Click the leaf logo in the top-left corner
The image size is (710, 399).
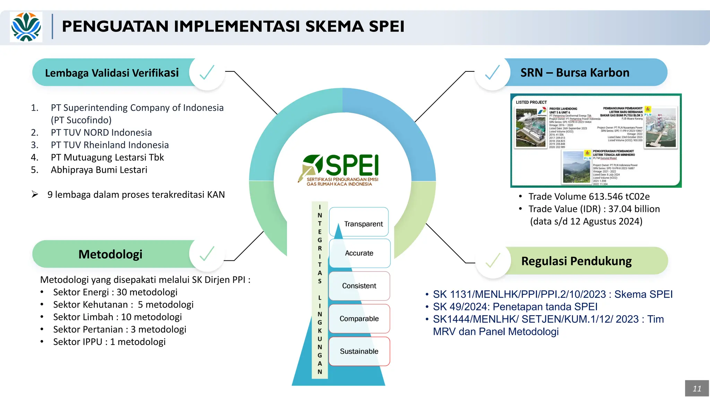[26, 27]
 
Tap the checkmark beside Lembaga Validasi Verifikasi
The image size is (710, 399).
[207, 73]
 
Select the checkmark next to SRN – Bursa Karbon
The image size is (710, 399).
[492, 73]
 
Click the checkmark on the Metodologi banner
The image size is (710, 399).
[207, 254]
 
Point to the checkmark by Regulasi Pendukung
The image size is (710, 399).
[493, 260]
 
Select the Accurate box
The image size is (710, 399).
[359, 253]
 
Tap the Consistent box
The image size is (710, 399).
[359, 286]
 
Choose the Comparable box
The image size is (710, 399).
[359, 319]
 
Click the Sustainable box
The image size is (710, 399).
[359, 351]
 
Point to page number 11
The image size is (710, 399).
[697, 388]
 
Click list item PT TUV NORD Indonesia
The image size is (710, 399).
[101, 132]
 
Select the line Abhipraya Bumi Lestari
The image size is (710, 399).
[99, 170]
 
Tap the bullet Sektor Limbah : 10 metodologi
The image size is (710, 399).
[117, 317]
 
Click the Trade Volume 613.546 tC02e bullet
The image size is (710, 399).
[589, 196]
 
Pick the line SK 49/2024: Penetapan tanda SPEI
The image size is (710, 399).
[515, 307]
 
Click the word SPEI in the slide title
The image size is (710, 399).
[386, 27]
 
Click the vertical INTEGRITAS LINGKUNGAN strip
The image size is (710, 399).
[320, 289]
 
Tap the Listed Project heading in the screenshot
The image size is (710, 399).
[531, 102]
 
